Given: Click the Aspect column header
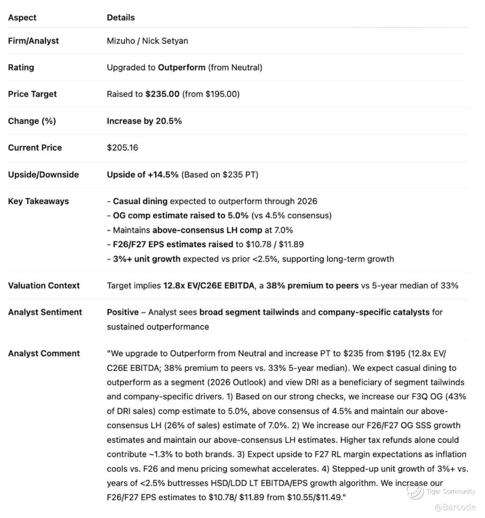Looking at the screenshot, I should tap(22, 17).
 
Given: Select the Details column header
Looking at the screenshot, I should tap(121, 17).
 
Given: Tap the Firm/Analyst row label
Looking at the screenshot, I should tap(33, 41).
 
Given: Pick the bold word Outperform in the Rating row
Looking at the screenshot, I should tap(182, 68).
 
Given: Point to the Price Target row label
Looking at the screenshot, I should tap(32, 94).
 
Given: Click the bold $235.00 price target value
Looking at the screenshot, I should tap(162, 94).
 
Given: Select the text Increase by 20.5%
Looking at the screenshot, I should tap(144, 121).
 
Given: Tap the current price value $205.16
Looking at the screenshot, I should tap(122, 148).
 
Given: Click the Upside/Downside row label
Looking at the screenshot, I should tap(43, 175).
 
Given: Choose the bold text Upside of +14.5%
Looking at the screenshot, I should tap(143, 175).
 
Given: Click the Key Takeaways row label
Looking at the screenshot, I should tap(38, 201).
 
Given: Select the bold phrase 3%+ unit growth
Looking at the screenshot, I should tap(147, 259).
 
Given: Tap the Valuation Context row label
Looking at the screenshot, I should tap(44, 286).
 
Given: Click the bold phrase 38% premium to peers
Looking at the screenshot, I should tap(312, 286).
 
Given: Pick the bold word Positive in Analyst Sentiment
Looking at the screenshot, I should tap(123, 312).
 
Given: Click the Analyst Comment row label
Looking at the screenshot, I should tap(44, 353).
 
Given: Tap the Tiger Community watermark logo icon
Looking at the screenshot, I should tap(415, 491).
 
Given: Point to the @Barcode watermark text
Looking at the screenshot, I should tap(455, 507).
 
